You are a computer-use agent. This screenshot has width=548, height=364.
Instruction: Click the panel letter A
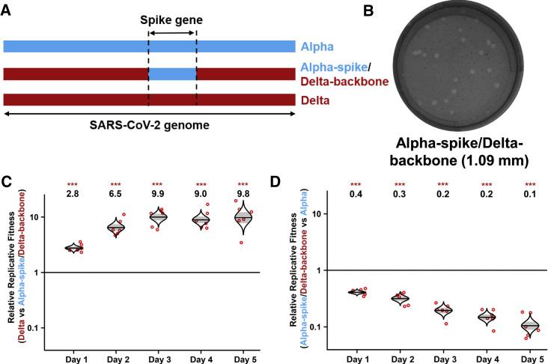[7, 7]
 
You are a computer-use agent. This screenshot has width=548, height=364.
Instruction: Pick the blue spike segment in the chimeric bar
[172, 74]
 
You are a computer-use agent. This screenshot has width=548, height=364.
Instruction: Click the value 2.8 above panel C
[73, 193]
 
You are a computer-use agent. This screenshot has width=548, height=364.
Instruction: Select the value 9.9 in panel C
[157, 193]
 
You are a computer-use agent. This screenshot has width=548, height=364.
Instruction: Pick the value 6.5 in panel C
[115, 193]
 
